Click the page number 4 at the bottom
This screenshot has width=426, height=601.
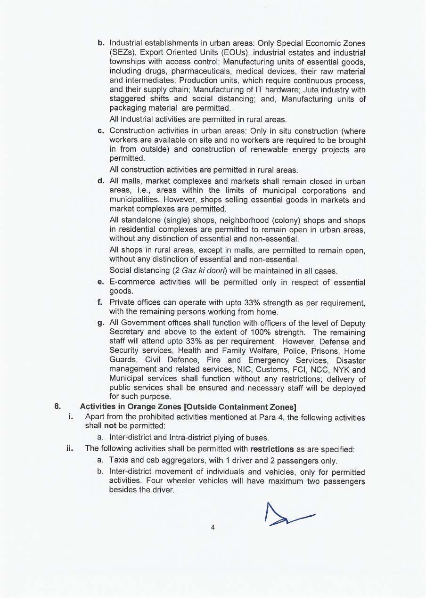[213, 528]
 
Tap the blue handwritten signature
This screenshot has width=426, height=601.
[287, 515]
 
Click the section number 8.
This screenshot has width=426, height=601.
[58, 406]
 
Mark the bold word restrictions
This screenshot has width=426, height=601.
[272, 449]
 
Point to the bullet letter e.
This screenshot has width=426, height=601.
[100, 282]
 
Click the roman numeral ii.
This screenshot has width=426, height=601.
[69, 449]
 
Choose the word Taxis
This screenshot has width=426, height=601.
[119, 460]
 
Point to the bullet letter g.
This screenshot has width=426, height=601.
[100, 323]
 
